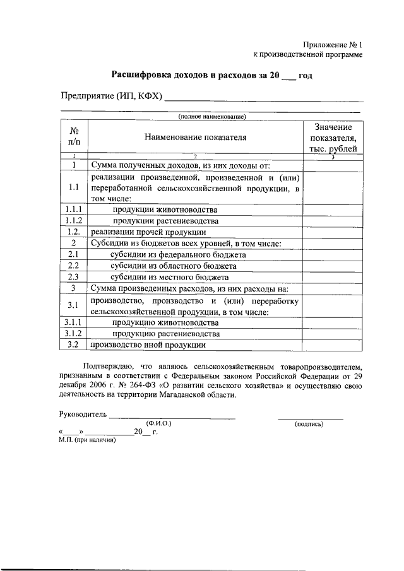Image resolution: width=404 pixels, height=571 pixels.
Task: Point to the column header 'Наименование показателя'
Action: point(195,136)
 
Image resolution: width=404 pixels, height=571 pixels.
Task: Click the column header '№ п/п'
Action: point(74,136)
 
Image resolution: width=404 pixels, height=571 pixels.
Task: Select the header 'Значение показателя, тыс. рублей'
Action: point(333,138)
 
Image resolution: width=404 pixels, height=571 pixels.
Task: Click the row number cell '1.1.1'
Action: point(74,209)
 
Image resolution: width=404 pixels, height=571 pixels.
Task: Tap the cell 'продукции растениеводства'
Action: point(165,221)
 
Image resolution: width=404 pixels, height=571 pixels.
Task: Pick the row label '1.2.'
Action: point(74,232)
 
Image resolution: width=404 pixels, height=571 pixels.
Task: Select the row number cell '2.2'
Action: point(74,266)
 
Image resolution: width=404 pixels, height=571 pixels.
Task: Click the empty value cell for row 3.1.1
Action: point(333,322)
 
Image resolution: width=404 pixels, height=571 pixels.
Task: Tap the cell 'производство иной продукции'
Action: point(148,345)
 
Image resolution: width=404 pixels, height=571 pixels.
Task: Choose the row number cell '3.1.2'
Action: point(74,334)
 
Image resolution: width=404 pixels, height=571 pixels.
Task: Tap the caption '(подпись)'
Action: point(309,424)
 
